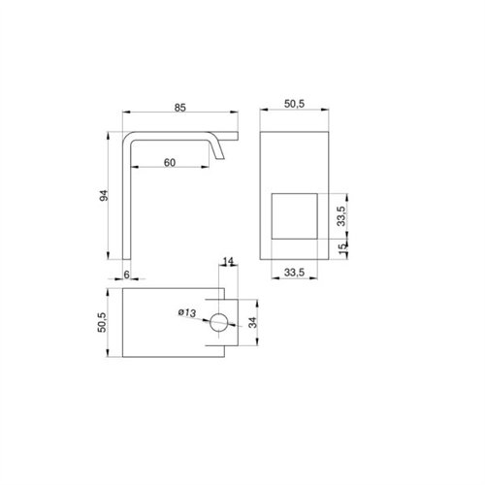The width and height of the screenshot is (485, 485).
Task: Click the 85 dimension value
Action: click(x=180, y=108)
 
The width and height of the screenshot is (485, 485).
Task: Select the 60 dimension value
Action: click(x=170, y=163)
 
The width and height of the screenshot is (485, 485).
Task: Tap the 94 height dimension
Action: click(x=104, y=196)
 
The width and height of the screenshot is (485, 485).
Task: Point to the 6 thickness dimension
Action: click(x=126, y=275)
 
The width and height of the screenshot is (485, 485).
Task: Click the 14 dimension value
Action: click(x=228, y=261)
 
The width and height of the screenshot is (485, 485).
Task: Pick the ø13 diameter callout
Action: click(x=187, y=312)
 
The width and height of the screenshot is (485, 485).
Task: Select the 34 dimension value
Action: click(x=252, y=322)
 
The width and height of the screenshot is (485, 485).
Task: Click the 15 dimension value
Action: click(x=341, y=249)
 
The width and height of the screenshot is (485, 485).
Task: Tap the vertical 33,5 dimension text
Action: click(x=341, y=215)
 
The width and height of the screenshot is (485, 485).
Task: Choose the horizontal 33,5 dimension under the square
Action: click(x=294, y=273)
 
